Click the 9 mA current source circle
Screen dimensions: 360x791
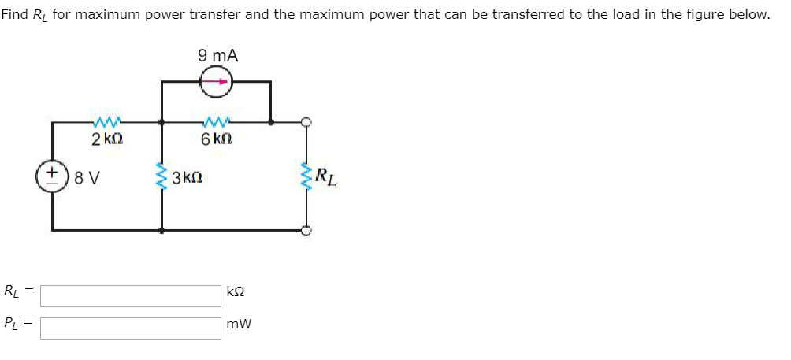(216, 82)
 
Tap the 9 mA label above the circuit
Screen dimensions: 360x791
(218, 56)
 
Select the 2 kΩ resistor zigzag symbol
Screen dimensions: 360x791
(106, 123)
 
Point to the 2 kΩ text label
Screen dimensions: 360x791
(106, 139)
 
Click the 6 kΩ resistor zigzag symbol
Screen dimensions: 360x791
(216, 123)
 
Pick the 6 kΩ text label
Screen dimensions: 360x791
(216, 139)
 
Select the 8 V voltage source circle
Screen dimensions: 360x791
(52, 176)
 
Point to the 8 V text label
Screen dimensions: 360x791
(87, 177)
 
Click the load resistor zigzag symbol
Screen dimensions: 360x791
(306, 176)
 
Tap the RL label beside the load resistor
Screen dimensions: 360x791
(326, 176)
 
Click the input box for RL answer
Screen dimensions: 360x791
(131, 295)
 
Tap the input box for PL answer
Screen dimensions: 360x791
(131, 328)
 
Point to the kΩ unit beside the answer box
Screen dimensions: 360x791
(236, 291)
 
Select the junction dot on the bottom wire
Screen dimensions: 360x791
(162, 231)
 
